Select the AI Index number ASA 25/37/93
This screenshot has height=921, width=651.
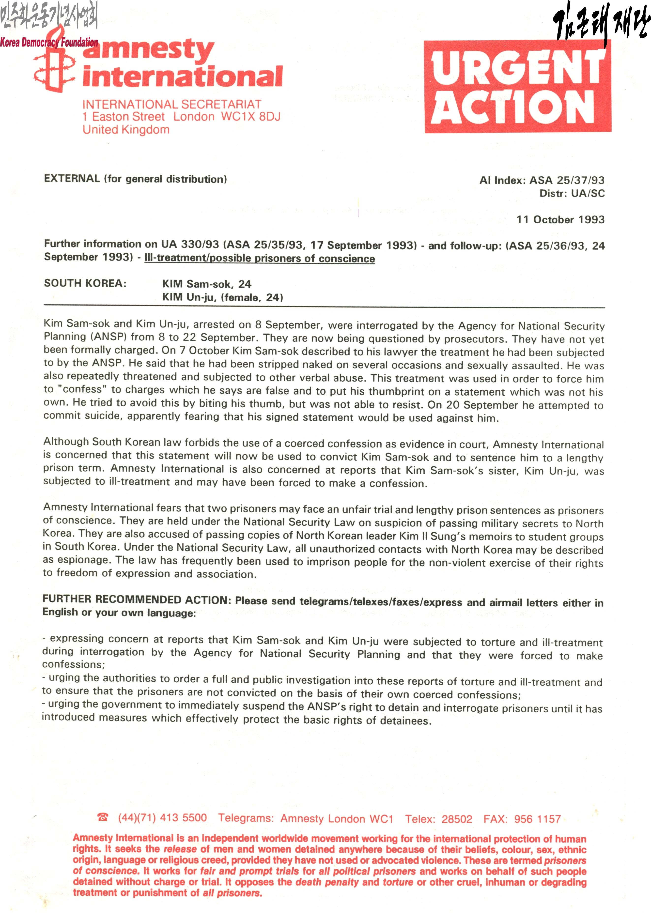[567, 180]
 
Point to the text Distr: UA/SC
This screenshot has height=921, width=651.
[572, 193]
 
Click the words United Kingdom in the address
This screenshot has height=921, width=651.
[126, 130]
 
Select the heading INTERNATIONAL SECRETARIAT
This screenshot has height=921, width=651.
[172, 104]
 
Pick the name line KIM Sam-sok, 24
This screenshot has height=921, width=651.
[207, 284]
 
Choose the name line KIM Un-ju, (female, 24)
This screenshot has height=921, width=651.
[223, 297]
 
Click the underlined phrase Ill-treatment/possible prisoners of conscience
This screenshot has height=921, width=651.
[260, 258]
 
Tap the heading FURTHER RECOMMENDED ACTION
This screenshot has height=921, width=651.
[136, 599]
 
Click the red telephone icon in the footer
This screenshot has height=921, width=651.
[103, 817]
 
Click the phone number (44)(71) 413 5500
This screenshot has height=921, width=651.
[162, 817]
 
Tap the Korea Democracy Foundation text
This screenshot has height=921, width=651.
[49, 42]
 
